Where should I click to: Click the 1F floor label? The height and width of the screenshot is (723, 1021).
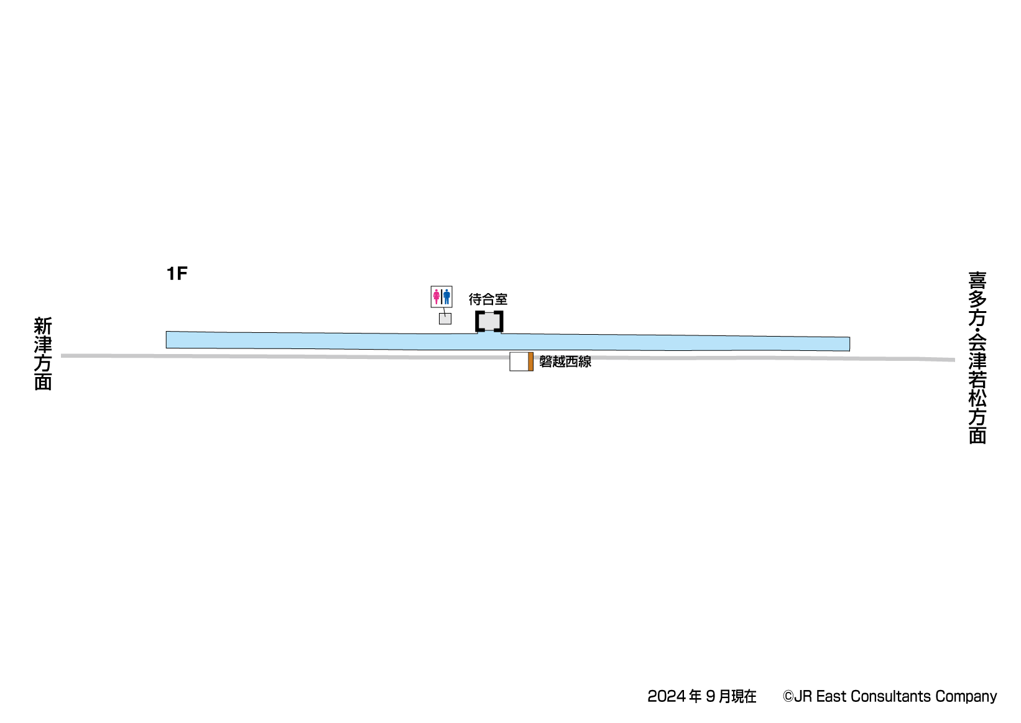[x=177, y=274]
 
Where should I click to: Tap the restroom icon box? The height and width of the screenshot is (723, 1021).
[x=441, y=297]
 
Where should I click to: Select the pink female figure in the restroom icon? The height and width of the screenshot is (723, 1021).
[x=437, y=297]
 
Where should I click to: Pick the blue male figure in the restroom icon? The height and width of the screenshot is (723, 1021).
[x=446, y=297]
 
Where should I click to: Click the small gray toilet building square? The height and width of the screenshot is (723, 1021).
[x=445, y=319]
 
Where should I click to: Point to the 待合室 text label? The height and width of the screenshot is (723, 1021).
[x=488, y=300]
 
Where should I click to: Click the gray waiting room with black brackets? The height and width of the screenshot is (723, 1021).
[x=489, y=321]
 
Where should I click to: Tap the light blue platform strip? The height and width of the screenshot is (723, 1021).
[x=508, y=341]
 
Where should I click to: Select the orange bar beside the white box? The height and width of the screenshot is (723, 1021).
[x=530, y=361]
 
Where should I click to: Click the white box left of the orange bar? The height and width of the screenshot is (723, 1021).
[x=519, y=361]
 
